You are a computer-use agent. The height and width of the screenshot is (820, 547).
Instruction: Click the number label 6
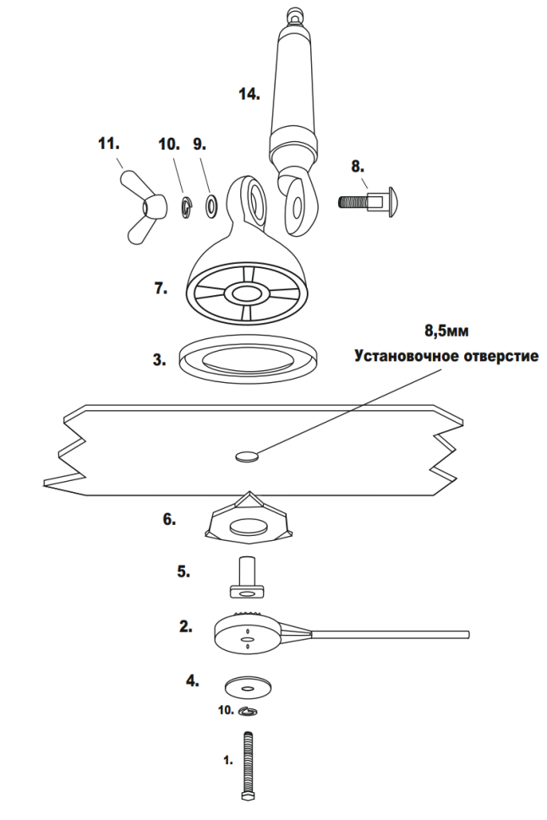170,520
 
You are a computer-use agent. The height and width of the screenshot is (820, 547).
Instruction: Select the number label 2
185,626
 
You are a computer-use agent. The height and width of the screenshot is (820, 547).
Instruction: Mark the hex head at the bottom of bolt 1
247,795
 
